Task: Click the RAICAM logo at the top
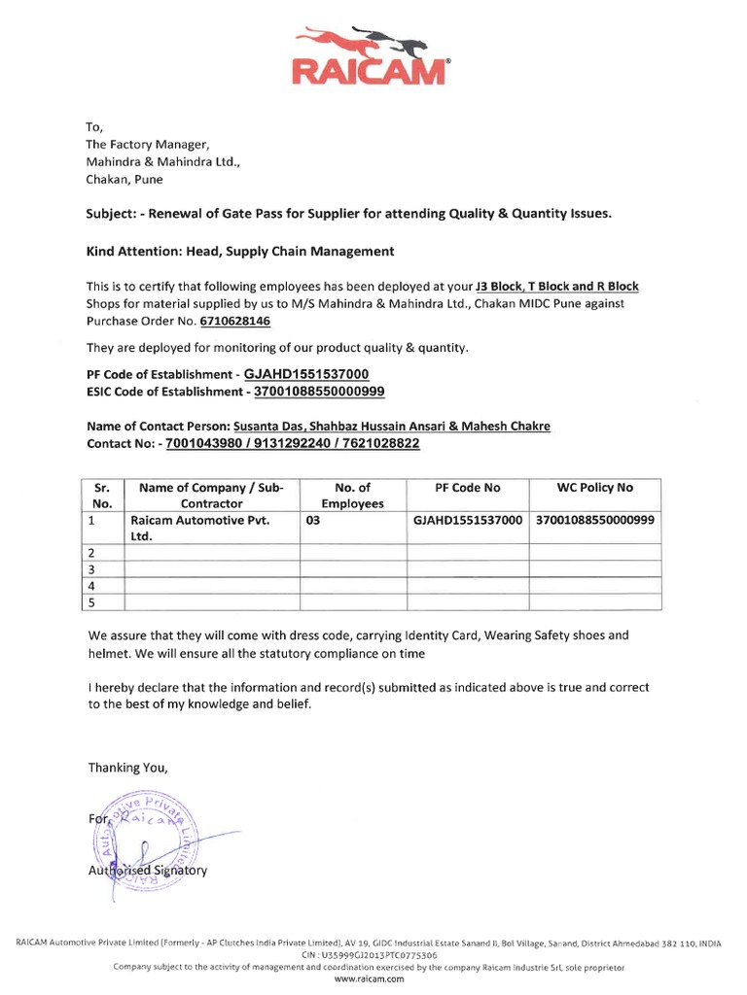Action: [x=373, y=57]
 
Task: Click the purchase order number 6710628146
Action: [x=234, y=321]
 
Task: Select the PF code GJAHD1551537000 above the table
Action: [x=306, y=374]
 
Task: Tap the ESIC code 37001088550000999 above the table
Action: [x=319, y=391]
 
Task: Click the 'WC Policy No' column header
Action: [x=594, y=487]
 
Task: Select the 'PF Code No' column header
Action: [x=467, y=487]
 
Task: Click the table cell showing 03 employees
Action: [x=312, y=520]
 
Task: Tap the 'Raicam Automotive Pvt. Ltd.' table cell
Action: [x=199, y=528]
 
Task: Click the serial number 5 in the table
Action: [x=91, y=602]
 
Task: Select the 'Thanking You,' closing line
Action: [x=127, y=767]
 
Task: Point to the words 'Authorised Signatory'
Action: [x=147, y=871]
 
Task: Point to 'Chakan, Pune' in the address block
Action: [x=125, y=179]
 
